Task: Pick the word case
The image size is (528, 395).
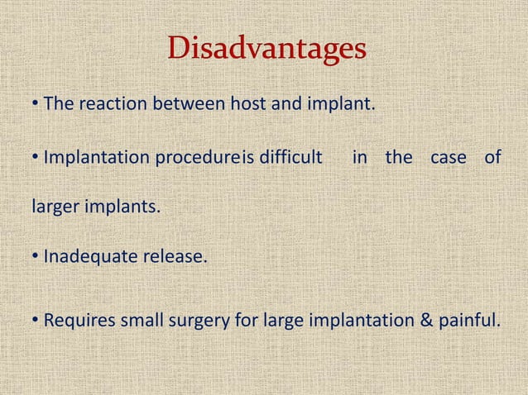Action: pos(449,156)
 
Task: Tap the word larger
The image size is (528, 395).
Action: pos(54,207)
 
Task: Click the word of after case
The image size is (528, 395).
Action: pos(492,156)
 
